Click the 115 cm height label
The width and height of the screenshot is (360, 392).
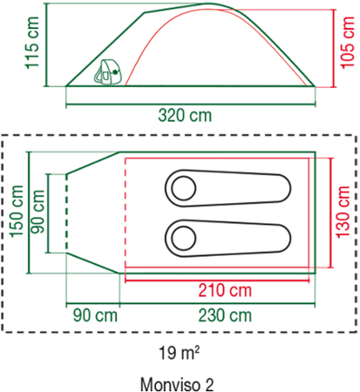click(32, 43)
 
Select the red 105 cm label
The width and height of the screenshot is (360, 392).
click(348, 43)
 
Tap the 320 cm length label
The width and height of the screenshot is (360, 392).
click(185, 115)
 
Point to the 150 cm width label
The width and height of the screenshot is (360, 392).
click(17, 211)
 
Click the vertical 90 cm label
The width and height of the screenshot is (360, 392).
click(37, 212)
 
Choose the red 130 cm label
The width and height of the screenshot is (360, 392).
click(343, 213)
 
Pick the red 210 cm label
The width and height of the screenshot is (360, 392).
click(225, 290)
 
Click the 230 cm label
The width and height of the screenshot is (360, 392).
click(225, 315)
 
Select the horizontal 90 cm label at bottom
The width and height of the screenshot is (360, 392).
click(95, 315)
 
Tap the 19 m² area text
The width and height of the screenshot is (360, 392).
click(179, 353)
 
